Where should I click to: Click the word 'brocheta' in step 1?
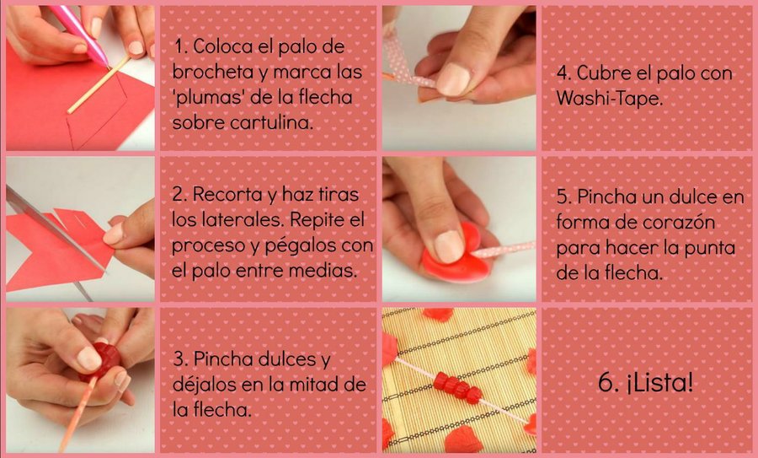pyautogui.click(x=213, y=72)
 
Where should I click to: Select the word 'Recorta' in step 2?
pyautogui.click(x=227, y=194)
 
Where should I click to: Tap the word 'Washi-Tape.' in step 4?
pyautogui.click(x=609, y=99)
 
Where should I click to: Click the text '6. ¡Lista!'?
pyautogui.click(x=645, y=382)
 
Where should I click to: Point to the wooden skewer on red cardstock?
pyautogui.click(x=99, y=84)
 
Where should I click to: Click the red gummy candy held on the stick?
pyautogui.click(x=103, y=362)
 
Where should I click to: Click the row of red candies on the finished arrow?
pyautogui.click(x=457, y=387)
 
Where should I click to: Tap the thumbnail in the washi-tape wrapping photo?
pyautogui.click(x=452, y=79)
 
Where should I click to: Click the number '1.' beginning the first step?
pyautogui.click(x=181, y=46)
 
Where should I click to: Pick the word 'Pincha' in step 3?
pyautogui.click(x=223, y=358)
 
